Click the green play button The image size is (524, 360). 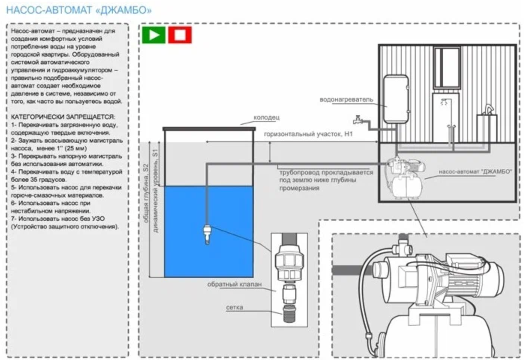[x=153, y=35]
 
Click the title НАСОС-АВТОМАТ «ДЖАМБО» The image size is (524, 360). [x=79, y=10]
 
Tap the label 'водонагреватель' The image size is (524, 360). [x=346, y=100]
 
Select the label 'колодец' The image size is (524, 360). [x=266, y=117]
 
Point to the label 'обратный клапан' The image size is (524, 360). [x=234, y=284]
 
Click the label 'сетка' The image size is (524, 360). [x=234, y=307]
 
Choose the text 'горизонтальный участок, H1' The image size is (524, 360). [x=308, y=134]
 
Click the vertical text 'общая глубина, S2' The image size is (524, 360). [x=146, y=193]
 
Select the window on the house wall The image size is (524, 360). [x=447, y=67]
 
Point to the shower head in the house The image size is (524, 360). [x=444, y=102]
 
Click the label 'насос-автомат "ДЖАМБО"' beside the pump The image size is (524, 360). [x=475, y=172]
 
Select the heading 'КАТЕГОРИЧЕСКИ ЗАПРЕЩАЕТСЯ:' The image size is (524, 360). [x=63, y=117]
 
